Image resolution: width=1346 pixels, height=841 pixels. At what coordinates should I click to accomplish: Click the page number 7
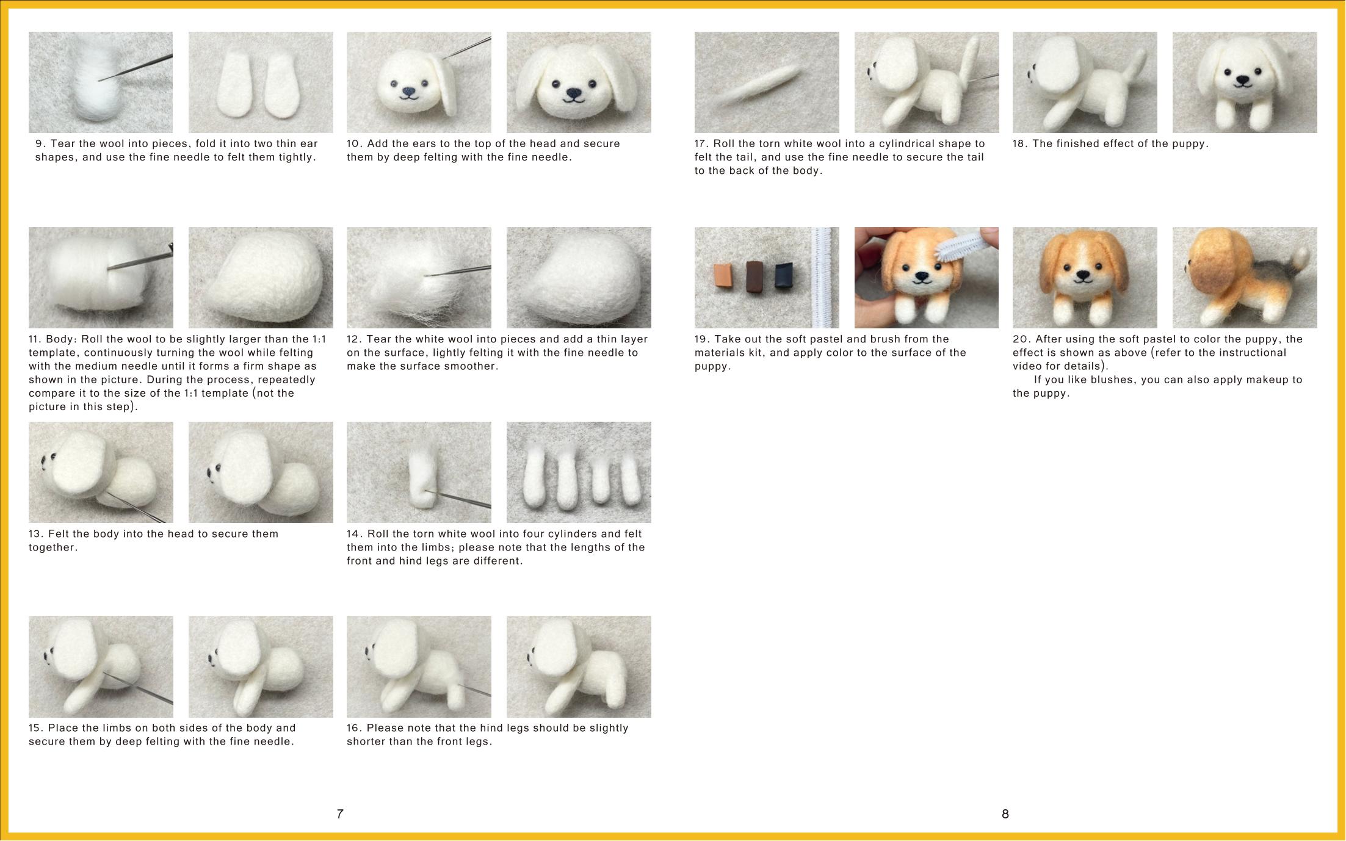pyautogui.click(x=340, y=814)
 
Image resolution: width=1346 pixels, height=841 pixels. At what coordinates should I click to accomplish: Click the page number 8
pyautogui.click(x=1005, y=814)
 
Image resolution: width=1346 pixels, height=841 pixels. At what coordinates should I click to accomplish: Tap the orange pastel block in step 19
pyautogui.click(x=724, y=276)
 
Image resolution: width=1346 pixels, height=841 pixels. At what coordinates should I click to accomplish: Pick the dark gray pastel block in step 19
pyautogui.click(x=784, y=275)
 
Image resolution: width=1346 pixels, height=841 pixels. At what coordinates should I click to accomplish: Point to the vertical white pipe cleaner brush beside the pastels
pyautogui.click(x=824, y=278)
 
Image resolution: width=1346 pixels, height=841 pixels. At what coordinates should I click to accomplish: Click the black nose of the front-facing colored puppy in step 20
pyautogui.click(x=1082, y=276)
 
